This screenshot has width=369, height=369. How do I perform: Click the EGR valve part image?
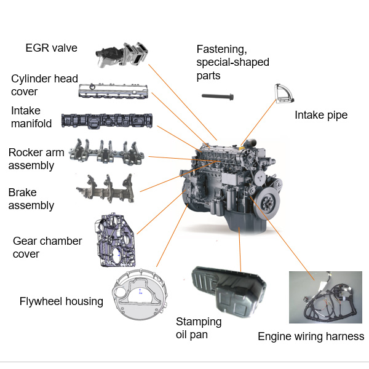[x=124, y=55]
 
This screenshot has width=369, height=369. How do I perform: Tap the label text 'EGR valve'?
[x=51, y=48]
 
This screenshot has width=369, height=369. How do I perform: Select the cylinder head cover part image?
[x=114, y=91]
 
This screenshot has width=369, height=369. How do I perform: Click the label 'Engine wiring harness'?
[x=311, y=336]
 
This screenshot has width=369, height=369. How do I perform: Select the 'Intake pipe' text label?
[x=321, y=115]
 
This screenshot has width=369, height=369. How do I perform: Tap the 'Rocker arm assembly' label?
[x=36, y=159]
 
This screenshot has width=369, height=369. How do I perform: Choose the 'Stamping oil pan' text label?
[x=199, y=328]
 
